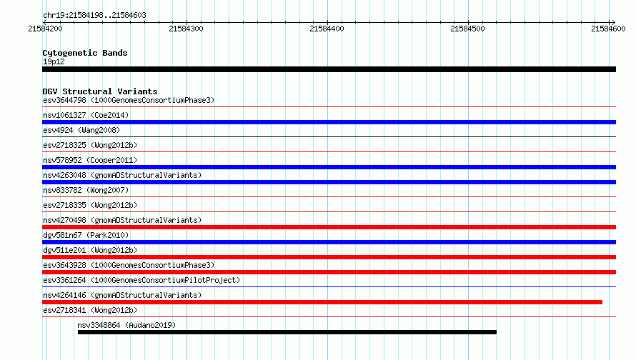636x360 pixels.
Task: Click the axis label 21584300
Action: [x=187, y=29]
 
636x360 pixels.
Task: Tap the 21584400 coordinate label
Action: [x=327, y=29]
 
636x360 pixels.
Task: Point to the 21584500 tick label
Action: [x=467, y=29]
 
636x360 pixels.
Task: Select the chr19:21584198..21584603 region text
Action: [x=94, y=16]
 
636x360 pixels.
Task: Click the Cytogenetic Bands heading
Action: [x=85, y=53]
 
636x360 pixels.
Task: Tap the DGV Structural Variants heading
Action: [x=100, y=91]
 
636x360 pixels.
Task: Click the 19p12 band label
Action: [x=54, y=61]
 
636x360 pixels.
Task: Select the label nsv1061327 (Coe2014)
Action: [x=86, y=115]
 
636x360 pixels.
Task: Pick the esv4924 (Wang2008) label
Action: [x=81, y=130]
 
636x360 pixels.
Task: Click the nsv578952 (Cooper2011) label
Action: [x=90, y=160]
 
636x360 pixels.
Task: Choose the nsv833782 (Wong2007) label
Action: [x=86, y=190]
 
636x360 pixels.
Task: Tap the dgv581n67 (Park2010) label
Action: [x=86, y=235]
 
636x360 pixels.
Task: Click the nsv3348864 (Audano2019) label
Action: [x=126, y=325]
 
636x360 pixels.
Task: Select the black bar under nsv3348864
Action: [x=287, y=332]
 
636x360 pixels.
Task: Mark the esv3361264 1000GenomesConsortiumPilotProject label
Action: [x=141, y=280]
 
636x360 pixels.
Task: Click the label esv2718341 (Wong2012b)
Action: [x=90, y=310]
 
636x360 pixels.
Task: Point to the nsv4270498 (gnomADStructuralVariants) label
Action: [x=122, y=220]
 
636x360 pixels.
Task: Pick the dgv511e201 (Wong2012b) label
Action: [x=90, y=250]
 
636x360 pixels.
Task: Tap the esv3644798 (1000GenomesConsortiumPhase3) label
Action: [x=129, y=100]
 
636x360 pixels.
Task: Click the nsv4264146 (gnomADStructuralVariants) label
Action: [x=122, y=295]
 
